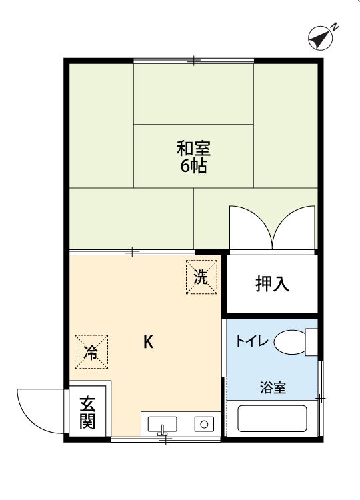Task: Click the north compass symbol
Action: [x=321, y=38]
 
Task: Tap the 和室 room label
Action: [x=193, y=147]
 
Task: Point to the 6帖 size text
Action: [x=193, y=166]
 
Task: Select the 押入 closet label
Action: [x=272, y=284]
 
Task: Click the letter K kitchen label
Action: [x=149, y=343]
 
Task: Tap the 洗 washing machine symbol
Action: [x=201, y=277]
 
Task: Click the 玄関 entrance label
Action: [x=87, y=413]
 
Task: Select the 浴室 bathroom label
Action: [x=273, y=387]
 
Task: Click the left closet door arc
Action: [x=249, y=227]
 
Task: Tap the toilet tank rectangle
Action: [x=311, y=343]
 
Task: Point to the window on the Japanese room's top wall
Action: [x=193, y=61]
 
